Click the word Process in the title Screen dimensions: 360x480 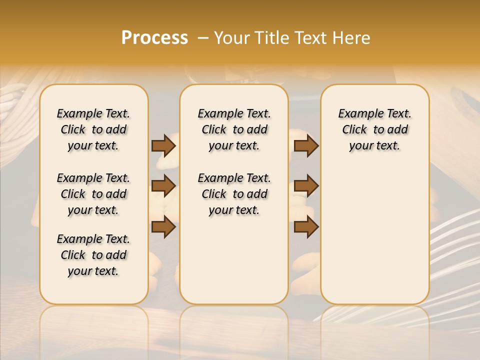[154, 38]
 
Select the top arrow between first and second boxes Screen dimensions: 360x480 [163, 146]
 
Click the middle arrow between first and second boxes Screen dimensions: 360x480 [163, 186]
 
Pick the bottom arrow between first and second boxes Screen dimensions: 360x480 [163, 227]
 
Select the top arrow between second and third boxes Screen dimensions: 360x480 [306, 146]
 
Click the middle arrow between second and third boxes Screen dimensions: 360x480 [306, 186]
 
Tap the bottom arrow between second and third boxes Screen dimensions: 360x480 [306, 227]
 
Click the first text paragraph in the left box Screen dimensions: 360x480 [93, 129]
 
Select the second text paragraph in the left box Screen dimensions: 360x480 [93, 194]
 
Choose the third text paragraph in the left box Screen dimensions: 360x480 [93, 255]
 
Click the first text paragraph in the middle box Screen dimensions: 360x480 [234, 129]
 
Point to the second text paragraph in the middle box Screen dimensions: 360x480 [234, 194]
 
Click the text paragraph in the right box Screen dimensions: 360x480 [374, 129]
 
